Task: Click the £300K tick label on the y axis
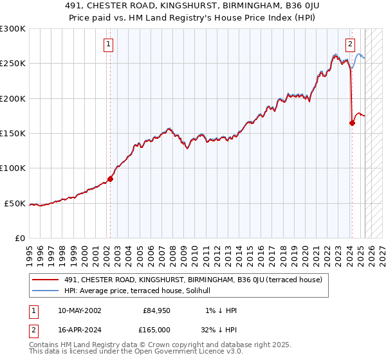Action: tap(13, 29)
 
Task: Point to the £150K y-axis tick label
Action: tap(13, 134)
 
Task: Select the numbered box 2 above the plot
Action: tap(350, 44)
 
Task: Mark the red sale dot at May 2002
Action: tap(110, 179)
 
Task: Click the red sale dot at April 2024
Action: tap(352, 123)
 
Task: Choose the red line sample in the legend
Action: tap(46, 279)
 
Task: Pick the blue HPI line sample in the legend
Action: tap(46, 290)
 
